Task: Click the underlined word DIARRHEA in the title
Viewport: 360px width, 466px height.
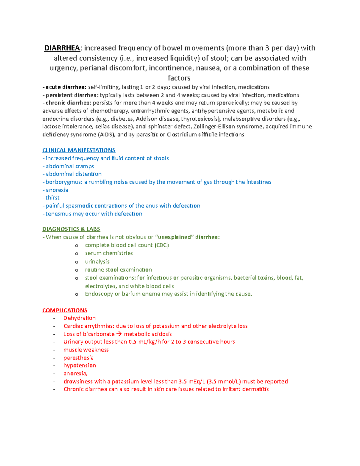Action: click(62, 48)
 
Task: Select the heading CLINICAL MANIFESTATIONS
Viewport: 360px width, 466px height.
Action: click(79, 150)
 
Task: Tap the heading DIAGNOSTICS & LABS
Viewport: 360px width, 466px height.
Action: click(71, 229)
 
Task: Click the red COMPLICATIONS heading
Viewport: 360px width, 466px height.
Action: click(65, 310)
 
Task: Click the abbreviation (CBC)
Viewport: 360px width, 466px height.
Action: click(162, 245)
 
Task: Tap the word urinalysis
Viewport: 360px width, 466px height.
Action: click(97, 262)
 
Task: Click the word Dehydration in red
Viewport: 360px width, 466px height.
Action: click(79, 318)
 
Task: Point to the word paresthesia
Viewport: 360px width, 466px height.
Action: click(79, 358)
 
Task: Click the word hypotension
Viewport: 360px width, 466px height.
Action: click(80, 365)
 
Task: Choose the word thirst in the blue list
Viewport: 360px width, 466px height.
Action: click(52, 198)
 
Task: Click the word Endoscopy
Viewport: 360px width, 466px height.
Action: click(99, 294)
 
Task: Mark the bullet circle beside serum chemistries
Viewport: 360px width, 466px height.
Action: click(77, 254)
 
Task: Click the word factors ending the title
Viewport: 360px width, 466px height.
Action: click(179, 78)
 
